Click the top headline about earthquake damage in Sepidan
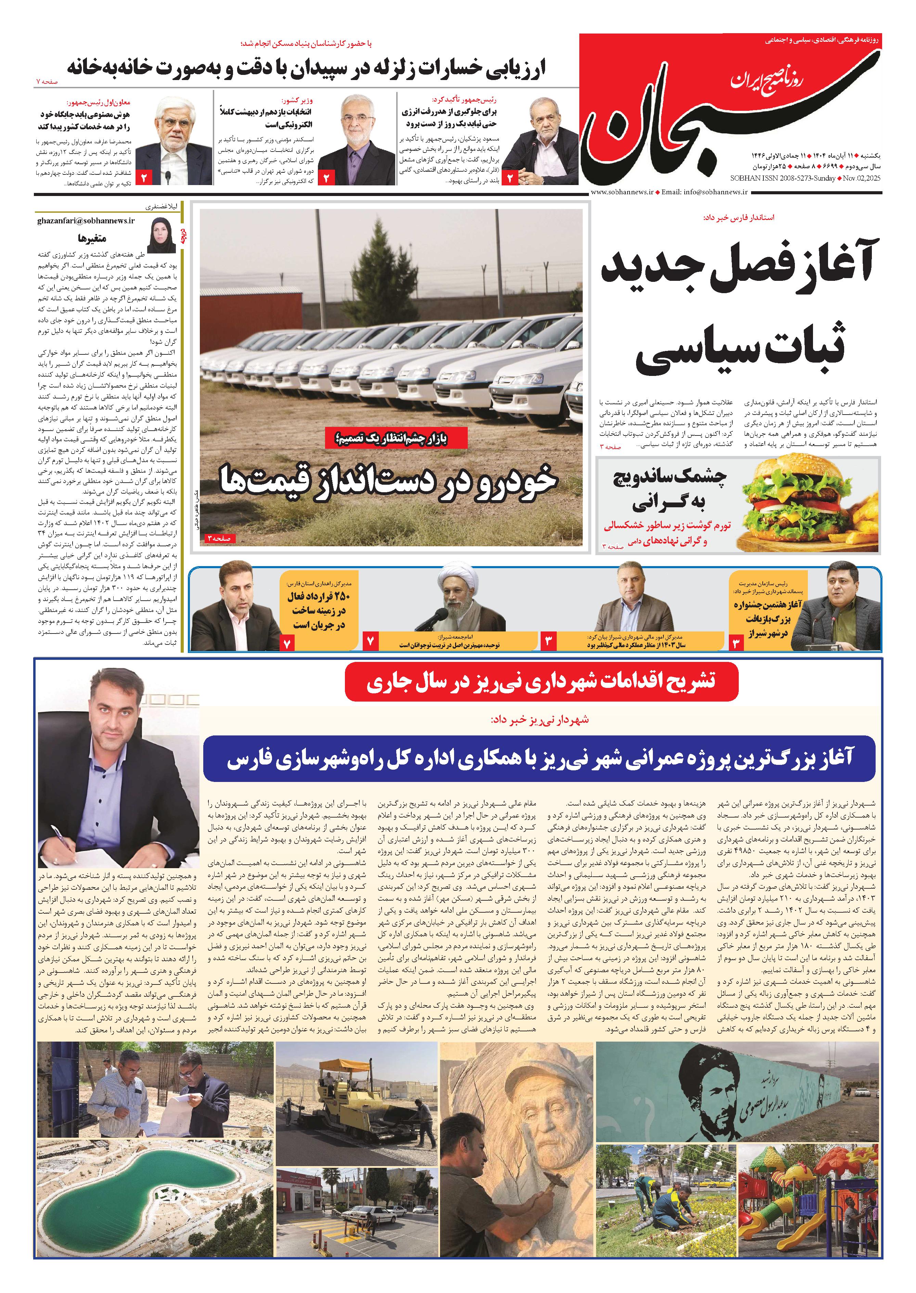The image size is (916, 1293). click(307, 68)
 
